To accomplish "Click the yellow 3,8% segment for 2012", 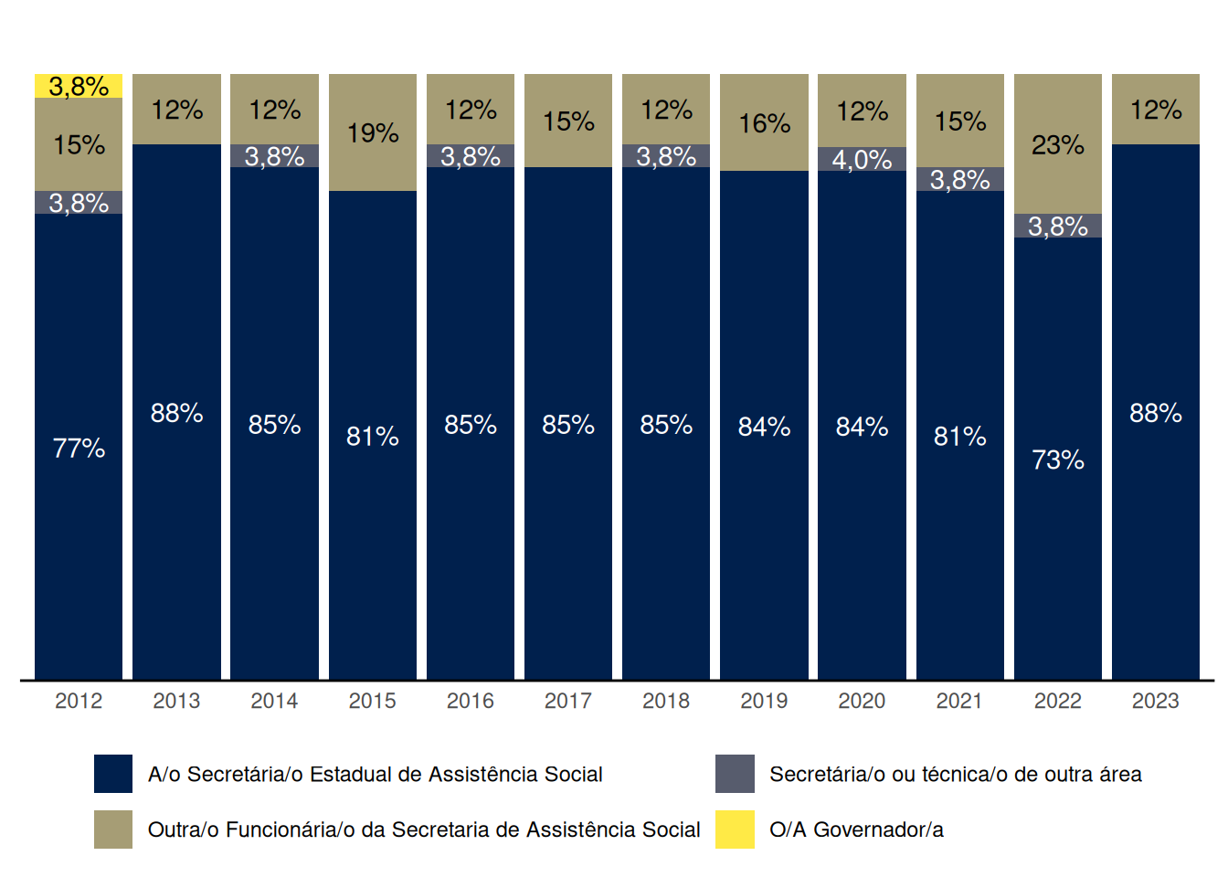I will [79, 86].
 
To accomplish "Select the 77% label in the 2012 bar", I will [79, 449].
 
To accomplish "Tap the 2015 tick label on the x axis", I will [372, 701].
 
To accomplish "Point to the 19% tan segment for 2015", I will [372, 132].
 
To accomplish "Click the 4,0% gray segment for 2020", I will [862, 159].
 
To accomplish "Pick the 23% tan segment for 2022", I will [1057, 144].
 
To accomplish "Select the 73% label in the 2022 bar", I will [1057, 460].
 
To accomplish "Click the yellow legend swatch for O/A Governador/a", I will [735, 829].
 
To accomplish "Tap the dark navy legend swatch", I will [113, 774].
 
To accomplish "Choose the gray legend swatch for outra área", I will [735, 774].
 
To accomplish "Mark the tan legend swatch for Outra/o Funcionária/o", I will [113, 829].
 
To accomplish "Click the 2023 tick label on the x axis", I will [1155, 701].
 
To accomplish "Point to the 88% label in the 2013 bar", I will [176, 413].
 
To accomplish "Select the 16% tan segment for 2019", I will [764, 123].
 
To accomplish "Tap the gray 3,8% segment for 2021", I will [959, 179].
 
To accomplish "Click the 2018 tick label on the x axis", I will [666, 701].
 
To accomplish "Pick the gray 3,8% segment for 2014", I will [274, 156].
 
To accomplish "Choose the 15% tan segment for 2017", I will [568, 121].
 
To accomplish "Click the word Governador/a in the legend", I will [878, 829].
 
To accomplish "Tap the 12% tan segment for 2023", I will [1155, 110].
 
